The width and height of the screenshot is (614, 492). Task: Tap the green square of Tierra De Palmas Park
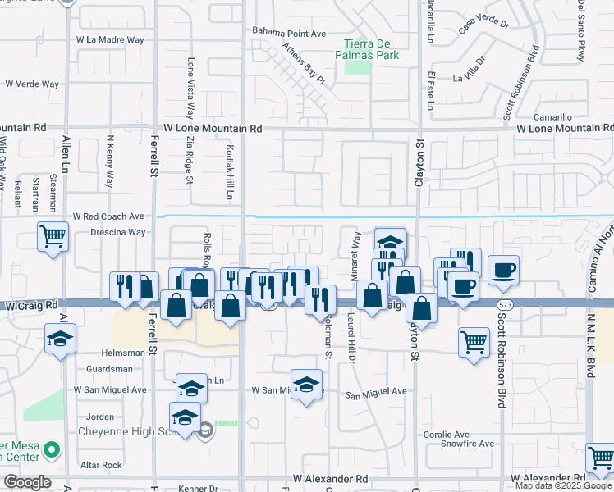[357, 66]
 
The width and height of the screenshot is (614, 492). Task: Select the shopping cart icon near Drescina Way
[53, 236]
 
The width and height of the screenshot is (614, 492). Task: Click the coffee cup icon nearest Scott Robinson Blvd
[503, 269]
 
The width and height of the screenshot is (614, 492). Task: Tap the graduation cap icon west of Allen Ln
[58, 339]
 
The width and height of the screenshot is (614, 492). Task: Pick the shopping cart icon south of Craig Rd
[474, 341]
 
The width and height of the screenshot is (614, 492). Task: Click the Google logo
[26, 482]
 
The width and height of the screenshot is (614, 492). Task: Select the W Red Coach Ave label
[108, 216]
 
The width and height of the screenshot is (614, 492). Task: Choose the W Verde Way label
[33, 84]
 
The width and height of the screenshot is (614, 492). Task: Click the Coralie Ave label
[447, 434]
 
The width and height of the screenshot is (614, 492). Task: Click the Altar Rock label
[100, 465]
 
